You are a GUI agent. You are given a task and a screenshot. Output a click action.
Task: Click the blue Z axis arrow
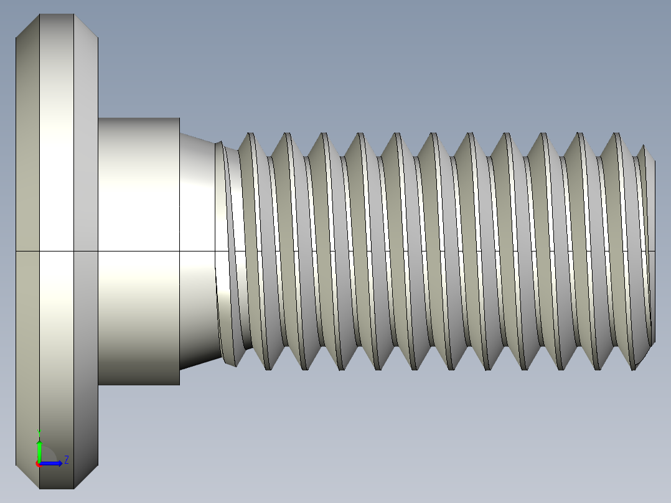tap(52, 463)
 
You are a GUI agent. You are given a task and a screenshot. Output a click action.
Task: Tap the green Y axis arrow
tap(39, 449)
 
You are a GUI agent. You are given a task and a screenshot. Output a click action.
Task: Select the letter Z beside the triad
tap(67, 460)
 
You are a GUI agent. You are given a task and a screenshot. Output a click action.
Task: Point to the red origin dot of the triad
tap(38, 464)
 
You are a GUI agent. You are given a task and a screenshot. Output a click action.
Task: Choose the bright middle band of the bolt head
tap(57, 187)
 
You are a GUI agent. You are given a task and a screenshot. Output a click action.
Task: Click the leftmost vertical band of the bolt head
tap(27, 187)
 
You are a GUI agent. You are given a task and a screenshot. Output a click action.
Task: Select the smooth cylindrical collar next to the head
tap(139, 187)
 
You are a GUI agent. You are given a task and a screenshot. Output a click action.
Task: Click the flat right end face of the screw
tap(654, 249)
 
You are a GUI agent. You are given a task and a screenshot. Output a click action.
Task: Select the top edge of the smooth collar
tap(139, 118)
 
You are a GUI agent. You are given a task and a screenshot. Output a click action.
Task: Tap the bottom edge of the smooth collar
tap(139, 384)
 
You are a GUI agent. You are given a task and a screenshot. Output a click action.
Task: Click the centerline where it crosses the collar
tap(139, 251)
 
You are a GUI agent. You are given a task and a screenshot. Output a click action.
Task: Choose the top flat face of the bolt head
tap(57, 15)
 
